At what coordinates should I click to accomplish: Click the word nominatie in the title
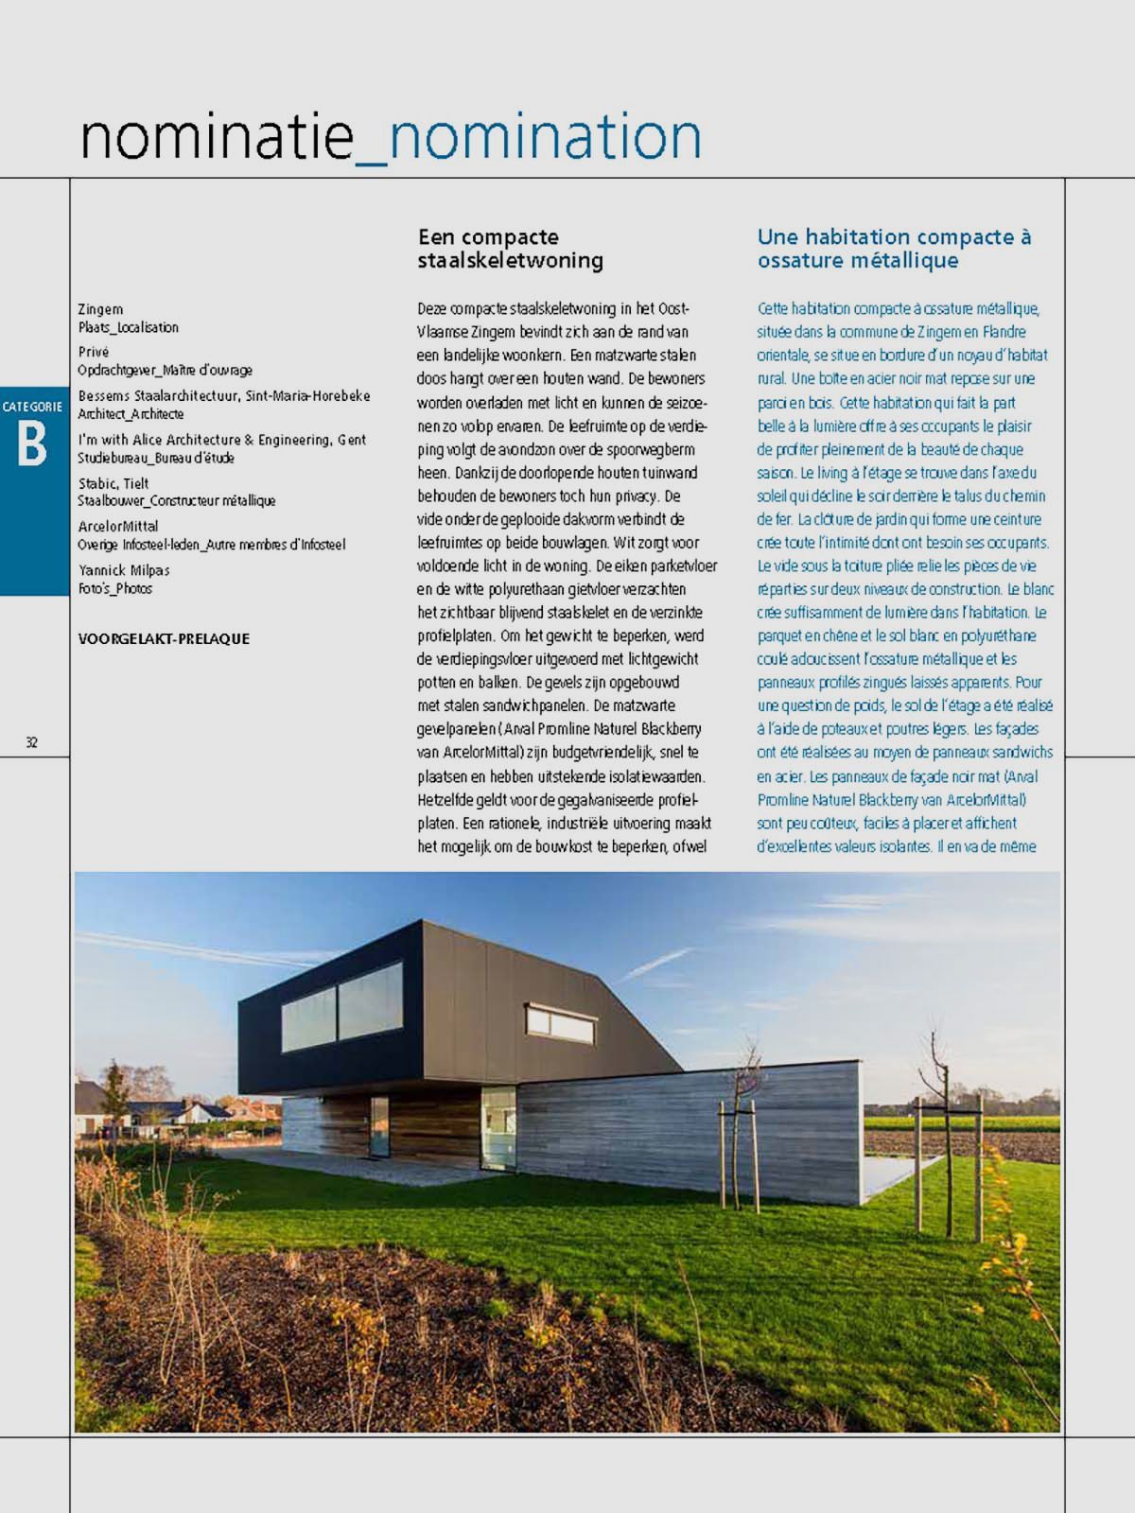coord(216,137)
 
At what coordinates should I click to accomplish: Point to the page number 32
coord(31,742)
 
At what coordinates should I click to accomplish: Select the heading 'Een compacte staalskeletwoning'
coord(511,249)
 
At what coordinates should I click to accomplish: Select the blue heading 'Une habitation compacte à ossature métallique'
coord(894,249)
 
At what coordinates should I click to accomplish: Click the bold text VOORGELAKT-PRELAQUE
coord(164,639)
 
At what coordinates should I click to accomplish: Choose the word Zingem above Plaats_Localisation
coord(100,309)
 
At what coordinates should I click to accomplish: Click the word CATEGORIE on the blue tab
coord(32,407)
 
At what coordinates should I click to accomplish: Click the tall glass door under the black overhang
coord(379,1127)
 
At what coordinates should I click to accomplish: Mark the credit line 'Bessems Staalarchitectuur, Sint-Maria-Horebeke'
coord(224,396)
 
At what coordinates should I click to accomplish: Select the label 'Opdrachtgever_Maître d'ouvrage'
coord(165,371)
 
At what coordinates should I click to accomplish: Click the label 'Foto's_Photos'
coord(114,589)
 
